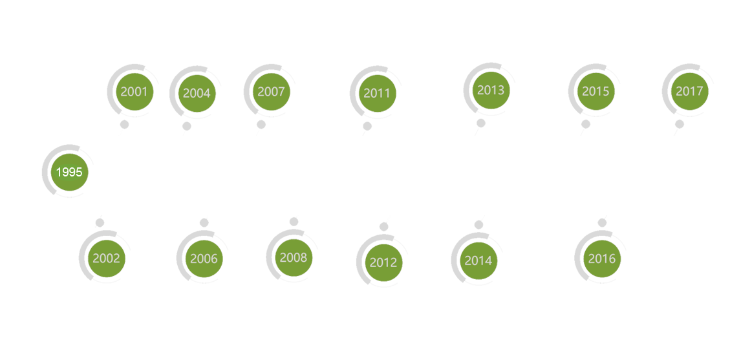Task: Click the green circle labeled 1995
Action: tap(69, 172)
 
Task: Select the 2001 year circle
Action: tap(134, 91)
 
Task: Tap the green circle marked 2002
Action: tap(106, 259)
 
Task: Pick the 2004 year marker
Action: tap(196, 92)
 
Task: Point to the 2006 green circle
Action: tap(204, 259)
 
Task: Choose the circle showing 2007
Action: tap(270, 91)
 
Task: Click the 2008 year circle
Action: tap(293, 257)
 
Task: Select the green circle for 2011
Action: tap(376, 92)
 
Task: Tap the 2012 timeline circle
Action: tap(383, 262)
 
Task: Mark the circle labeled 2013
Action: tap(490, 89)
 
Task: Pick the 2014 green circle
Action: tap(478, 260)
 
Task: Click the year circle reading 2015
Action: tap(595, 91)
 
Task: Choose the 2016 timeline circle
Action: tap(601, 259)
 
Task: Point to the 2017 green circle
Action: tap(689, 91)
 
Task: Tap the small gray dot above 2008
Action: tap(294, 222)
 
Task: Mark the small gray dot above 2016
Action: tap(602, 223)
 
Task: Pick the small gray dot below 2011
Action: tap(367, 121)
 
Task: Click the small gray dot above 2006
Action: tap(204, 223)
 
